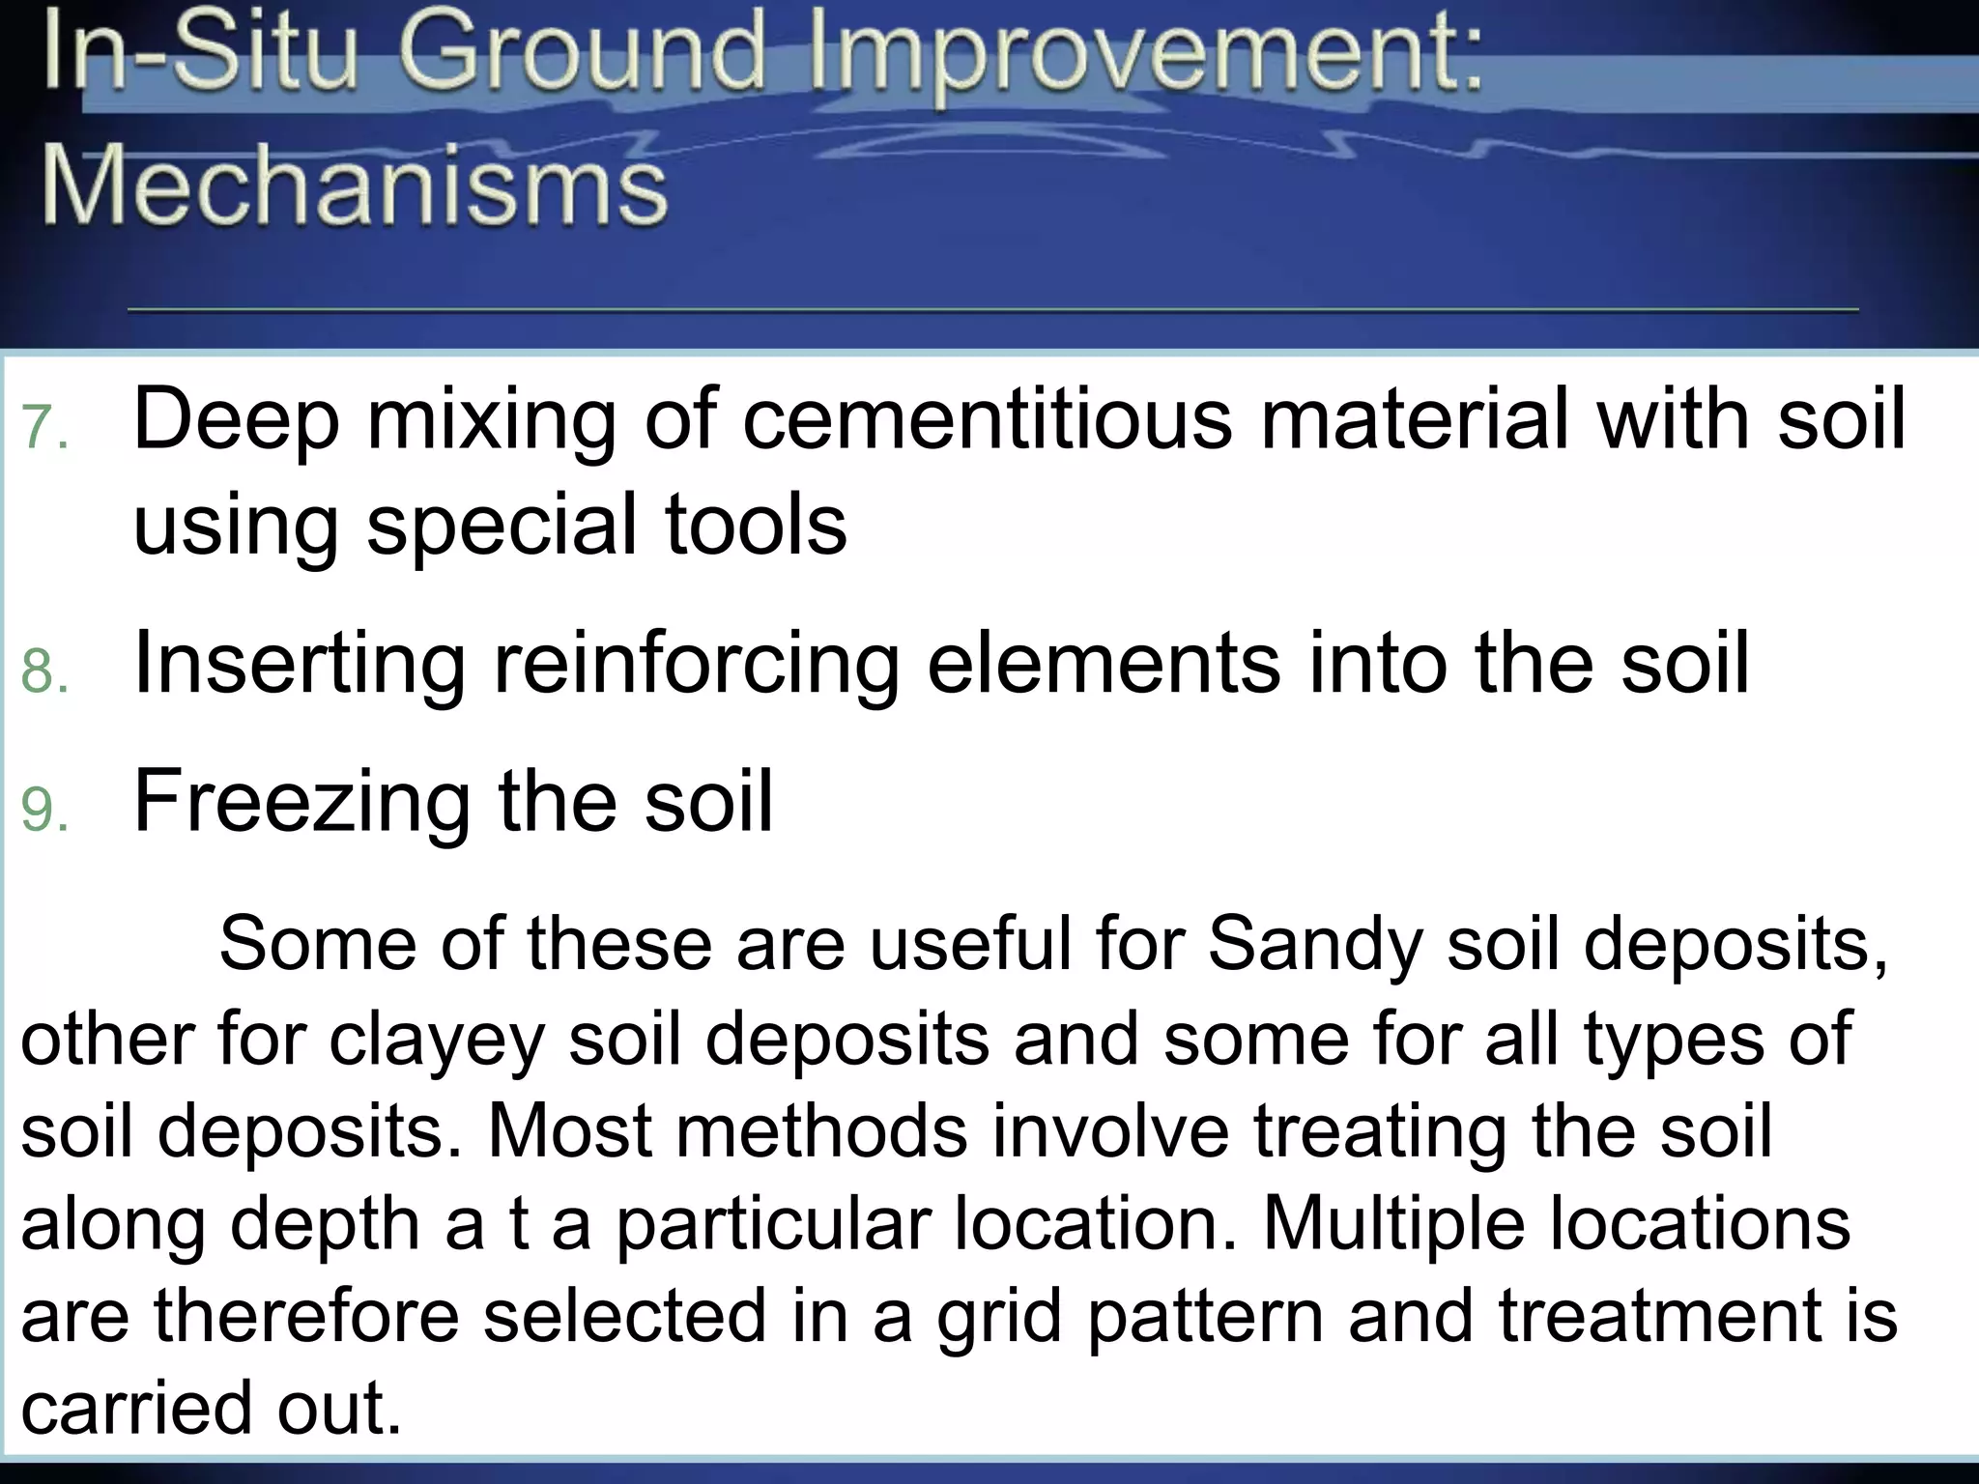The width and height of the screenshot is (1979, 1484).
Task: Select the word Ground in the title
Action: click(x=583, y=54)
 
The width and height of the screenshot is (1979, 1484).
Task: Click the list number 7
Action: click(x=43, y=426)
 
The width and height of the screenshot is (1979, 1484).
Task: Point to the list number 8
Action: click(x=43, y=671)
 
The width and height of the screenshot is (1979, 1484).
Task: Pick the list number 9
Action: click(x=43, y=810)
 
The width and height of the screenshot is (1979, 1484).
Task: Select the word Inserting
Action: click(x=300, y=665)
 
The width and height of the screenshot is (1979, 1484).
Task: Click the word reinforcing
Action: click(x=697, y=665)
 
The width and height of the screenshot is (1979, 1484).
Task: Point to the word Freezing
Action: click(x=301, y=802)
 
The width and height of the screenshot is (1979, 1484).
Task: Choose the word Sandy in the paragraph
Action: click(x=1314, y=945)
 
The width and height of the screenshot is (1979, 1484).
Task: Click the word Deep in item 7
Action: click(x=236, y=421)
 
